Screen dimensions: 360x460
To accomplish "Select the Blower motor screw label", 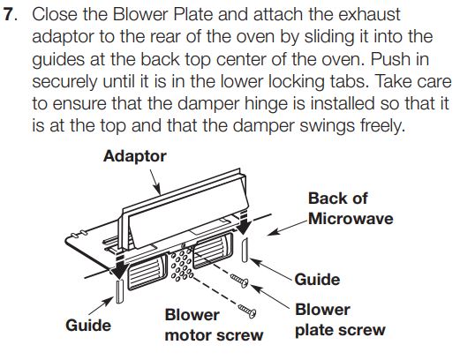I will click(214, 325).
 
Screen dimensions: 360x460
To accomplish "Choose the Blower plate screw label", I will click(339, 319).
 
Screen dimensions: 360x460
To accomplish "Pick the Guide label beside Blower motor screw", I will click(89, 325).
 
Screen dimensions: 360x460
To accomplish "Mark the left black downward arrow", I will click(119, 263).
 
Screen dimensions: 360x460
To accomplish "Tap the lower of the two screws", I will click(248, 311).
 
